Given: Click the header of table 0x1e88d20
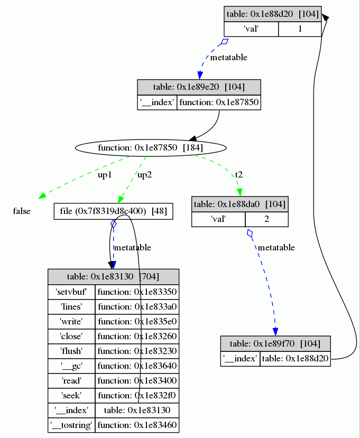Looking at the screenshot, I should [x=272, y=14].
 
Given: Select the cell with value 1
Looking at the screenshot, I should [x=300, y=29].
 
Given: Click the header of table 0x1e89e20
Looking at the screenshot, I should [x=199, y=87].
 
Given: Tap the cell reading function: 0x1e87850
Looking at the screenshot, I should [x=219, y=102].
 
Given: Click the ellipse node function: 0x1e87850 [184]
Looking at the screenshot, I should [x=151, y=147].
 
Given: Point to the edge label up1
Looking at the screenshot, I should [x=105, y=175].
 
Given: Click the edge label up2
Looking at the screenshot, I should [x=144, y=175].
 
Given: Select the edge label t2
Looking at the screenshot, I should [x=239, y=174].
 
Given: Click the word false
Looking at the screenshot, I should [x=22, y=211].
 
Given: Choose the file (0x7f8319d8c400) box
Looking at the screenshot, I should [x=114, y=211].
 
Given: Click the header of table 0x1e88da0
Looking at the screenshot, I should [x=239, y=204].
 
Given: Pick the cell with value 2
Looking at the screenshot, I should [x=266, y=219].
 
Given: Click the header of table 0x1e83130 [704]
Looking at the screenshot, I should [x=113, y=277].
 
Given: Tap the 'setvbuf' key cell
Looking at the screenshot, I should [x=71, y=292].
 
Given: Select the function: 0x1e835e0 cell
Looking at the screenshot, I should [x=136, y=321].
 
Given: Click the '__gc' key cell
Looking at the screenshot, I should [x=71, y=366].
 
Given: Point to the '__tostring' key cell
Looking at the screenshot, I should [x=71, y=425].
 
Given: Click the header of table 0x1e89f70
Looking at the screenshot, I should [x=275, y=343].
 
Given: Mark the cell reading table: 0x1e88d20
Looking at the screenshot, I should [x=295, y=359].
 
